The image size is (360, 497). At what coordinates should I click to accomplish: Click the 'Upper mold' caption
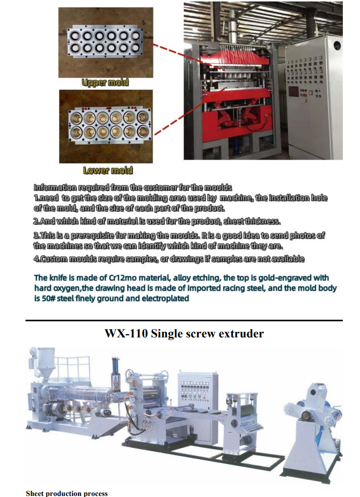pyautogui.click(x=105, y=83)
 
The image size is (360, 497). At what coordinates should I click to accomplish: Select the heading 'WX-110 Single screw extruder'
pyautogui.click(x=184, y=333)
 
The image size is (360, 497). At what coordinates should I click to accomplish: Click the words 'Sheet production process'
pyautogui.click(x=67, y=493)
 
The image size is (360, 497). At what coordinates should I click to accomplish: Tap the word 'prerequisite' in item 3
pyautogui.click(x=93, y=236)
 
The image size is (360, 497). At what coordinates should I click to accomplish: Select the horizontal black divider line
pyautogui.click(x=184, y=320)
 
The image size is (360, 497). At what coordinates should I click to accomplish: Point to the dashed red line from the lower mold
pyautogui.click(x=190, y=112)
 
